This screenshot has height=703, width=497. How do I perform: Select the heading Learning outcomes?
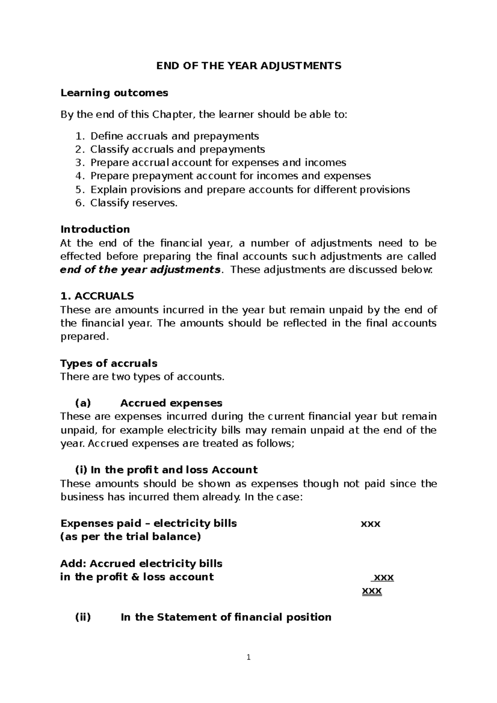coord(114,93)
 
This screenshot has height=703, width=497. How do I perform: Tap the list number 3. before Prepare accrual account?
coord(80,163)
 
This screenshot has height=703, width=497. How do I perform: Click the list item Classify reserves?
coord(133,203)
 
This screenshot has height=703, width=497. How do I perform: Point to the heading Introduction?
coord(95,229)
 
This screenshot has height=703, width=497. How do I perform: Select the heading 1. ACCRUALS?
coord(97,296)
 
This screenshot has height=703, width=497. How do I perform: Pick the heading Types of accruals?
coord(109,364)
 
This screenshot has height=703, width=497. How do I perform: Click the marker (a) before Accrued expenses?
coord(82,403)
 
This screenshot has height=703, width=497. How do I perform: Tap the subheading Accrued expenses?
coord(171,403)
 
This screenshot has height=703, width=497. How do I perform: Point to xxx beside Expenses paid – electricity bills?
coord(371,524)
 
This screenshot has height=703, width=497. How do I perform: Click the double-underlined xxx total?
coord(372,591)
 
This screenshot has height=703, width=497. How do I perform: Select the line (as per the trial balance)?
coord(130,537)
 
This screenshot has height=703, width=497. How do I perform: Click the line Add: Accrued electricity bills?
coord(141,564)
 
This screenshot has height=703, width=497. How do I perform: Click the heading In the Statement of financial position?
coord(226,617)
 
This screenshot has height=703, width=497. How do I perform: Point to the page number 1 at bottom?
coord(248,657)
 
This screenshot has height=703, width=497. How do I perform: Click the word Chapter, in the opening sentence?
coord(174,115)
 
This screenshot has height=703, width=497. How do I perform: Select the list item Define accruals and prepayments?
coord(174,136)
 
